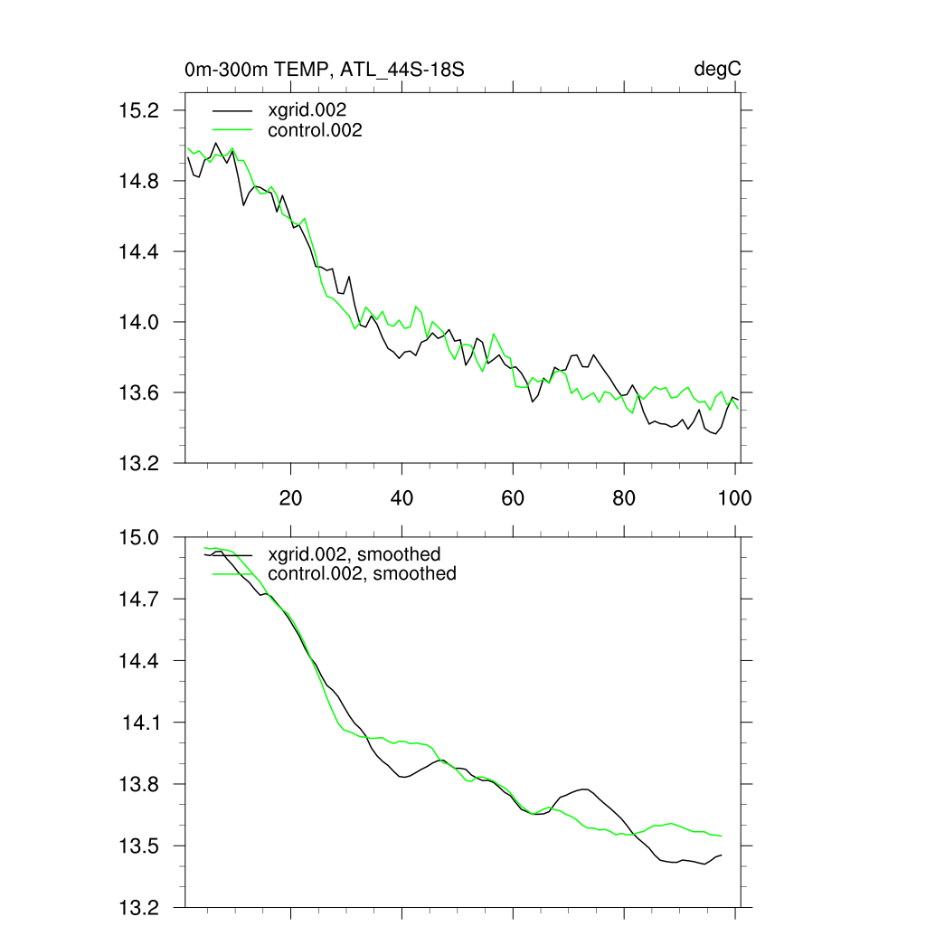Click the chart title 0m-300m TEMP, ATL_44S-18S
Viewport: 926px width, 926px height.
click(324, 70)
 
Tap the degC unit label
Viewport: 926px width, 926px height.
click(718, 70)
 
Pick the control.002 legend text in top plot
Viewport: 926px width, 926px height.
click(316, 130)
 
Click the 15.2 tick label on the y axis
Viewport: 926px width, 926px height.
click(139, 110)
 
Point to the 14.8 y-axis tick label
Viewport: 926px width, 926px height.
click(139, 181)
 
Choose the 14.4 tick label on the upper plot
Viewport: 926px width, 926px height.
click(139, 251)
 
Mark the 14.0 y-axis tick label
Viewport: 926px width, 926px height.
click(139, 322)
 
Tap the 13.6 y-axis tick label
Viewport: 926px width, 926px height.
click(139, 392)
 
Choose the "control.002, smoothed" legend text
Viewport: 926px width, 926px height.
click(362, 573)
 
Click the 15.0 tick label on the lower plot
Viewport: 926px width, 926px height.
click(139, 537)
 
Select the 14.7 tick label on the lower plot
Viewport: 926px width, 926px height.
click(139, 599)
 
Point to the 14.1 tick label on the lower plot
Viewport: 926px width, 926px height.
click(141, 723)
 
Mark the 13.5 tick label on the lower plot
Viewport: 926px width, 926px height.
click(139, 846)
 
